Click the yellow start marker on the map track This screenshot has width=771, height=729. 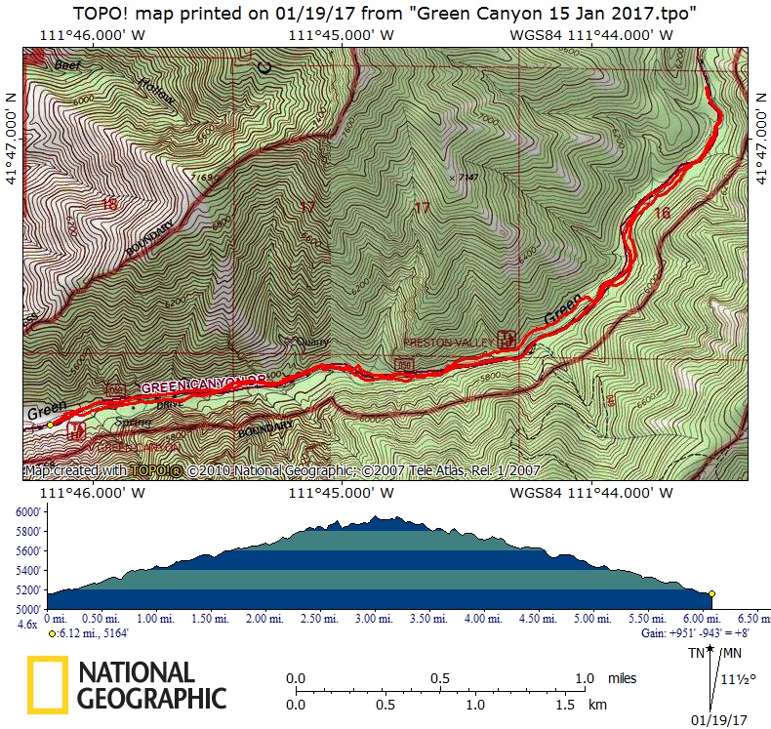(x=50, y=425)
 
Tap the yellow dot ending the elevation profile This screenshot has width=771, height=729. (x=712, y=593)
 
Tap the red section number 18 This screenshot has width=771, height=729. (x=108, y=205)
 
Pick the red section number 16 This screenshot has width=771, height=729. (x=663, y=213)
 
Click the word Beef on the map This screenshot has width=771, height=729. (x=66, y=65)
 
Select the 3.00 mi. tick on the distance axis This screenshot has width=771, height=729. (x=368, y=619)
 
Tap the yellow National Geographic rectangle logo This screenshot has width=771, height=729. (x=47, y=686)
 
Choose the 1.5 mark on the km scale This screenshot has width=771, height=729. (x=566, y=705)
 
